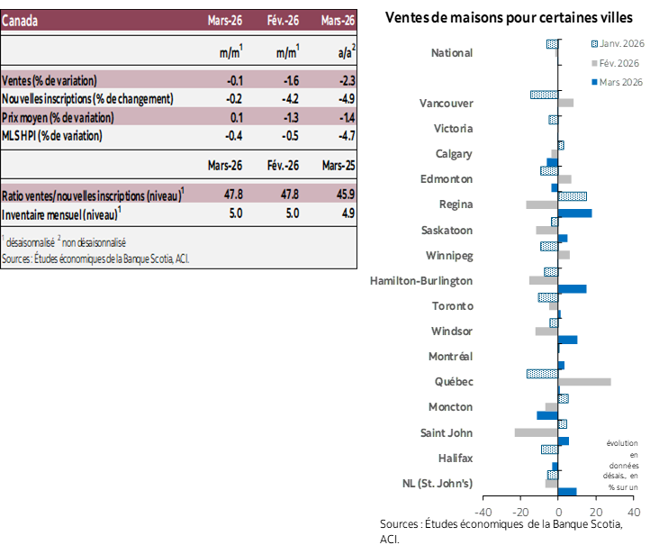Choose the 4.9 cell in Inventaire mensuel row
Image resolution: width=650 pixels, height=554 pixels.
[x=346, y=214]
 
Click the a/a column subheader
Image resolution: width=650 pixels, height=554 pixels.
[x=344, y=53]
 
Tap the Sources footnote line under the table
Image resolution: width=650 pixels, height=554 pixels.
[x=95, y=259]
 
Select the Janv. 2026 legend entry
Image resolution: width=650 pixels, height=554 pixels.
[x=616, y=43]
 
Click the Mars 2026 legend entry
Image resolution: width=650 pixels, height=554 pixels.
[x=616, y=82]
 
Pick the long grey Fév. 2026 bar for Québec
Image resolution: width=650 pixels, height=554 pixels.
[x=584, y=382]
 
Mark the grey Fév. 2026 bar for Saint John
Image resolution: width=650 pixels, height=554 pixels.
[x=536, y=432]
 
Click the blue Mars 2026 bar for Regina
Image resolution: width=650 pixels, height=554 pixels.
[x=575, y=213]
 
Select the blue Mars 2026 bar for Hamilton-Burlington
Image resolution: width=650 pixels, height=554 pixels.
[x=573, y=289]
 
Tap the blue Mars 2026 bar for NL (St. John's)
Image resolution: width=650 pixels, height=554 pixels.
[x=567, y=491]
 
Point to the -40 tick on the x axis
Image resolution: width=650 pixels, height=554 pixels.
[x=483, y=513]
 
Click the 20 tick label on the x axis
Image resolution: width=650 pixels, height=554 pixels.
[x=596, y=513]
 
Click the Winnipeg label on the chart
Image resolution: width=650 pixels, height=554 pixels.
[x=450, y=255]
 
